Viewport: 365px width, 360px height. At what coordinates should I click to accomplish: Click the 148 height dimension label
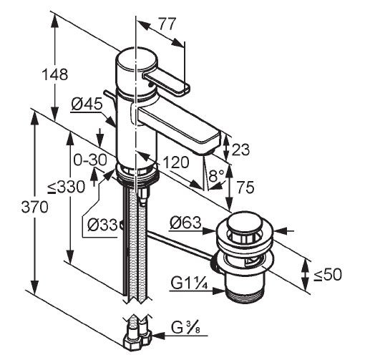coord(55,74)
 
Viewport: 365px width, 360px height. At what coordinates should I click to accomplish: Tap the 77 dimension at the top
coord(167,24)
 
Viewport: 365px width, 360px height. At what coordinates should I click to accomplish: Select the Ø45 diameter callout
coord(87,104)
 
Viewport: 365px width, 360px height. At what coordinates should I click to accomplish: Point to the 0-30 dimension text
coord(90,160)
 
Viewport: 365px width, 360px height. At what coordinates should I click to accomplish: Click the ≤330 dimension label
coord(66,187)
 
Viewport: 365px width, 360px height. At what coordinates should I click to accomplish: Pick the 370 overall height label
coord(35,207)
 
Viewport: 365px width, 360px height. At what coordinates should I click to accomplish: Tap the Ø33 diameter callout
coord(102,225)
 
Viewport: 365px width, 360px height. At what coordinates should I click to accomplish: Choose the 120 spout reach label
coord(176,162)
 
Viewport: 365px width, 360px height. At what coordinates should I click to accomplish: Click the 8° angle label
coord(217,176)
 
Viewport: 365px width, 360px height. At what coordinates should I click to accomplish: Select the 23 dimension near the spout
coord(240,150)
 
